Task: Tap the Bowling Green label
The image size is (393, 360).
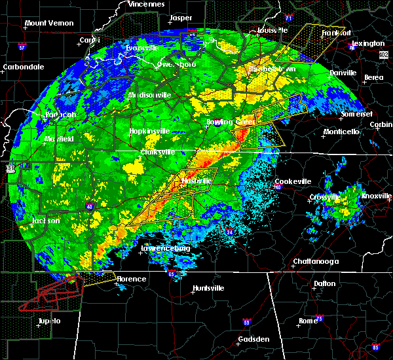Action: (x=230, y=122)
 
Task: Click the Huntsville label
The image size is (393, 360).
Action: (x=208, y=288)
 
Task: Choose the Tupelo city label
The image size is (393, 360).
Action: (x=48, y=321)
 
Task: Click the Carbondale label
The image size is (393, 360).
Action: (x=23, y=67)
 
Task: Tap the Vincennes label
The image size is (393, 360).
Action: (x=146, y=4)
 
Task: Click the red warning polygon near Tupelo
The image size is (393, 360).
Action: (x=49, y=294)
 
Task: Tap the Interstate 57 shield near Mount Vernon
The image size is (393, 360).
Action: (x=20, y=48)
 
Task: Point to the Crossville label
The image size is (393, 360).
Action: (x=324, y=197)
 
